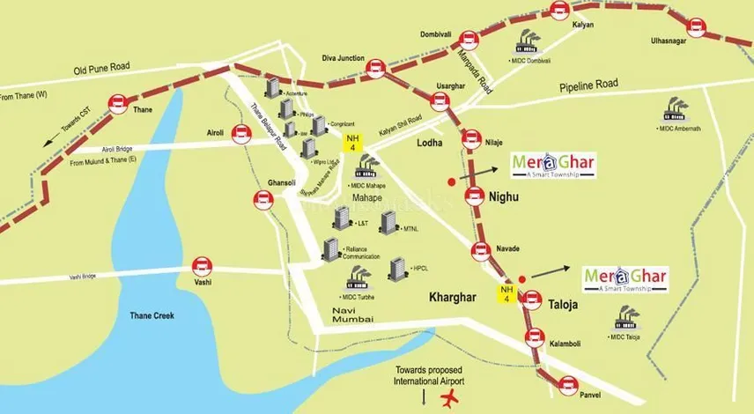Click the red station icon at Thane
point(115,106)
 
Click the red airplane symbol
point(448,398)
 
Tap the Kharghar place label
point(453,297)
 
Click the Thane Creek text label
point(153,314)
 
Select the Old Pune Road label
point(101,68)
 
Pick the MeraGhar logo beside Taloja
point(626,279)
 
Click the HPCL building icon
point(397,270)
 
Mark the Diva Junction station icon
point(376,66)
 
